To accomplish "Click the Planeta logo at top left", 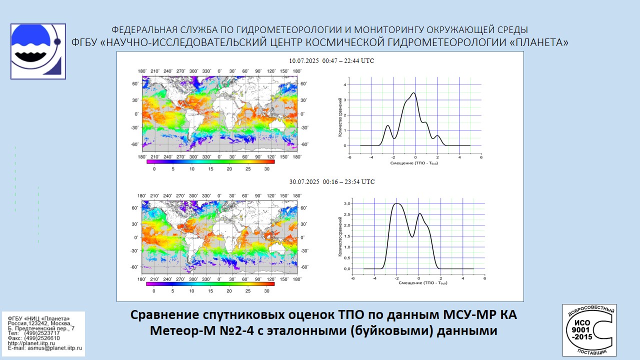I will [38, 51].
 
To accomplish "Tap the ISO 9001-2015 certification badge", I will [589, 330].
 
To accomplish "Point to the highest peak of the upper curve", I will [413, 93].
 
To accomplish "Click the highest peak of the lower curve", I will [397, 203].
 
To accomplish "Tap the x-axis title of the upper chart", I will [414, 163].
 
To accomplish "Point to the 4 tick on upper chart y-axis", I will [344, 85].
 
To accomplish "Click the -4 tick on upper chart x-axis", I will [371, 157].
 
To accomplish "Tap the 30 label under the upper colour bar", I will [266, 169].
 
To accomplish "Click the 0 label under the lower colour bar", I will [154, 290].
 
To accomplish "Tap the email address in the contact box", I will [44, 347].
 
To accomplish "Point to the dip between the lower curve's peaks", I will [412, 236].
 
